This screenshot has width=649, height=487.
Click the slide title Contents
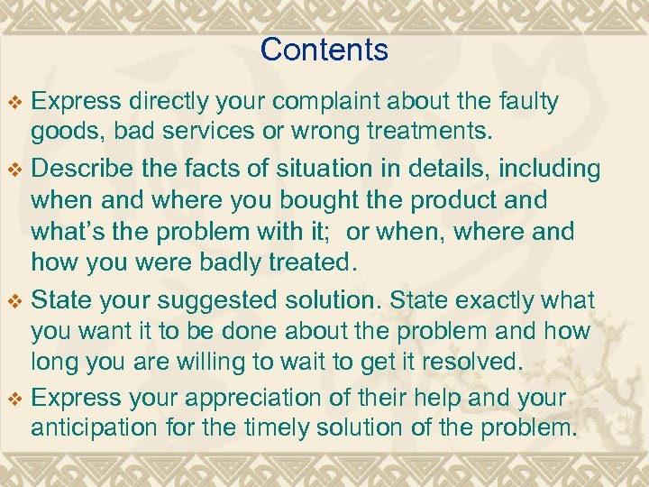[324, 50]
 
